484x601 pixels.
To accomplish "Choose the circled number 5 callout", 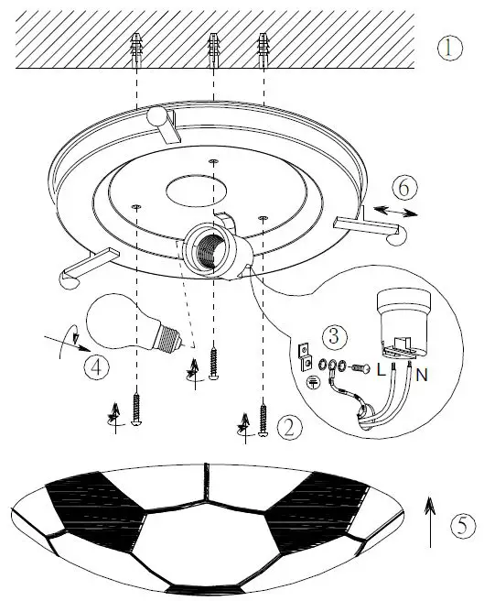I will [463, 525].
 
